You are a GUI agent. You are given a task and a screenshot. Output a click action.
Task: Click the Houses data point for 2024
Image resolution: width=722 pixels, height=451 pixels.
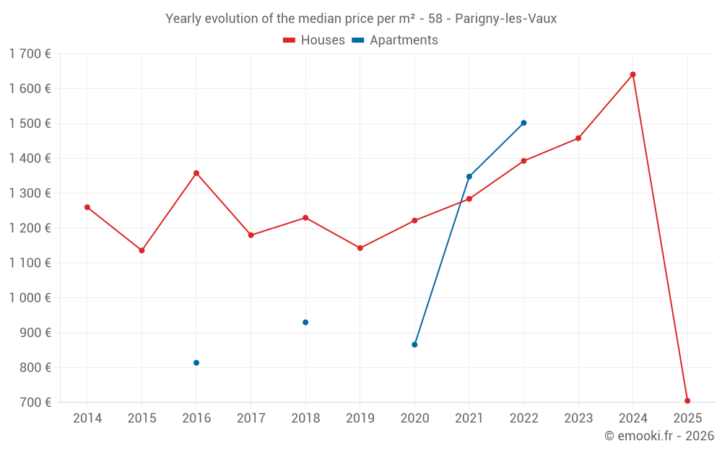(x=632, y=74)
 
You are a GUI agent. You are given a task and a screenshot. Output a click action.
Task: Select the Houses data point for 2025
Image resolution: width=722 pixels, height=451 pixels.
(x=687, y=400)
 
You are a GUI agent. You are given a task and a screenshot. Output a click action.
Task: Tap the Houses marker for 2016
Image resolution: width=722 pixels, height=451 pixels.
(x=196, y=173)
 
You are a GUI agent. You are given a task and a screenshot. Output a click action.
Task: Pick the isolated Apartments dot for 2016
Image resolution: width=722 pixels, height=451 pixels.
(x=196, y=363)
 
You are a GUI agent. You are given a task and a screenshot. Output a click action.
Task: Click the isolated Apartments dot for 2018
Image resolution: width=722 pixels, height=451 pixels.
(x=305, y=323)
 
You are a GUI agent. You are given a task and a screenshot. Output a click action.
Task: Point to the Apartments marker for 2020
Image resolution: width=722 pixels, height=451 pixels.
(x=414, y=345)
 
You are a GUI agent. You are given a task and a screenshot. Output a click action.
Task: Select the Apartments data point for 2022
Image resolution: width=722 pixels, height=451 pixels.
(x=523, y=123)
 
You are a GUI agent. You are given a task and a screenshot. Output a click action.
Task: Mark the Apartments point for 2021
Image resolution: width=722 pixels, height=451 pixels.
(x=469, y=177)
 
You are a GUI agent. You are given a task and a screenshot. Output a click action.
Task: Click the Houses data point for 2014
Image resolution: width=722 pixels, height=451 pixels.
(x=87, y=207)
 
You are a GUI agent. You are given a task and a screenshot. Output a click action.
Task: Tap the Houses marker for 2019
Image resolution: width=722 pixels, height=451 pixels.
(x=360, y=248)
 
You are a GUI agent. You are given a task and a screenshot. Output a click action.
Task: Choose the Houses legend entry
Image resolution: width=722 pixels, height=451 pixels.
(x=314, y=40)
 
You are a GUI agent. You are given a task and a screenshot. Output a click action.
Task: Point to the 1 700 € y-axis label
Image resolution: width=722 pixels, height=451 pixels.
(x=30, y=54)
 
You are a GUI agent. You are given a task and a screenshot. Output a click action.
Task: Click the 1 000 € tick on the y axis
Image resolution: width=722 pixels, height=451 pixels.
(x=30, y=298)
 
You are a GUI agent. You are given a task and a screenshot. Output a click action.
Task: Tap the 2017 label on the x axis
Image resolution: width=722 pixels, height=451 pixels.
(x=251, y=419)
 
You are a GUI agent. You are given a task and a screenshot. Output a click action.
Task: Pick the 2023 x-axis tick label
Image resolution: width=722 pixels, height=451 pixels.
(x=578, y=419)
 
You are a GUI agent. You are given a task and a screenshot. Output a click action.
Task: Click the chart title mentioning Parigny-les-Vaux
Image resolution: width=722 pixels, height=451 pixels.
(x=361, y=19)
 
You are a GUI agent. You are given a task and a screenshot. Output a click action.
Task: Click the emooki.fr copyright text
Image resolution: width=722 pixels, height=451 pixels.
(x=658, y=436)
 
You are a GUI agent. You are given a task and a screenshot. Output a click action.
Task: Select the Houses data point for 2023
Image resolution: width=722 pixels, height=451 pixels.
(x=578, y=139)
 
